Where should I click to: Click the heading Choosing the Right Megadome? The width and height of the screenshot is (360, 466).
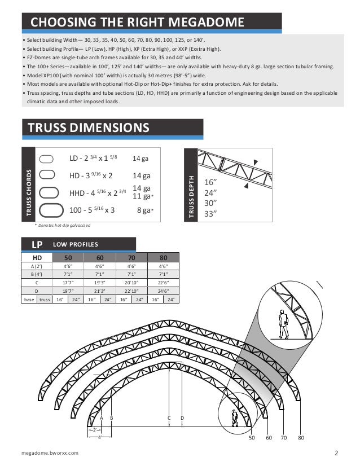(137, 23)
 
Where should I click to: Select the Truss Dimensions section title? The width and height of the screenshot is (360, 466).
(89, 128)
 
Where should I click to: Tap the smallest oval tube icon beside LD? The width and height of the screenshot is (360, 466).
(47, 159)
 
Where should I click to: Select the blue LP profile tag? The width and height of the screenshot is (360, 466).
(37, 244)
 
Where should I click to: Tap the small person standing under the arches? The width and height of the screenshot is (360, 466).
(235, 417)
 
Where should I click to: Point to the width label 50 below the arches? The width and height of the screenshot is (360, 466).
(252, 437)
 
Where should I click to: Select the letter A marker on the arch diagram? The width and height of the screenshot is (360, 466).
(102, 418)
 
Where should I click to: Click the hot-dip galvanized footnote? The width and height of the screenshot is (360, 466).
(63, 225)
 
